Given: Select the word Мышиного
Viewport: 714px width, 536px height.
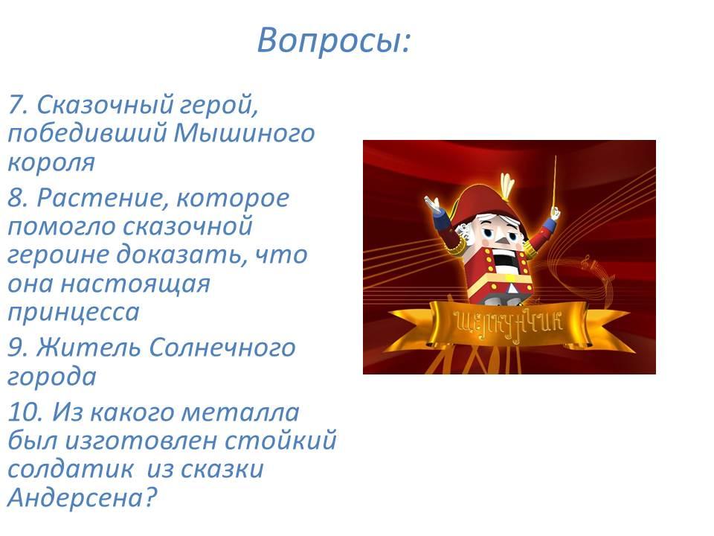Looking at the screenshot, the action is coord(244,133).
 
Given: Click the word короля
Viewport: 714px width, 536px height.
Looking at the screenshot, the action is coord(51,162).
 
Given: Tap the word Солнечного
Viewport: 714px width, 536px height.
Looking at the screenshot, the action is coord(222,348).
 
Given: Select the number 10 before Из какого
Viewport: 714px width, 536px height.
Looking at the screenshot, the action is coord(25,412).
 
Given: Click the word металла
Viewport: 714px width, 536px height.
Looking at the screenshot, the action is coord(240,412).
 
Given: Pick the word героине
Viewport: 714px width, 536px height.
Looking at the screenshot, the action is coord(57,255).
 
